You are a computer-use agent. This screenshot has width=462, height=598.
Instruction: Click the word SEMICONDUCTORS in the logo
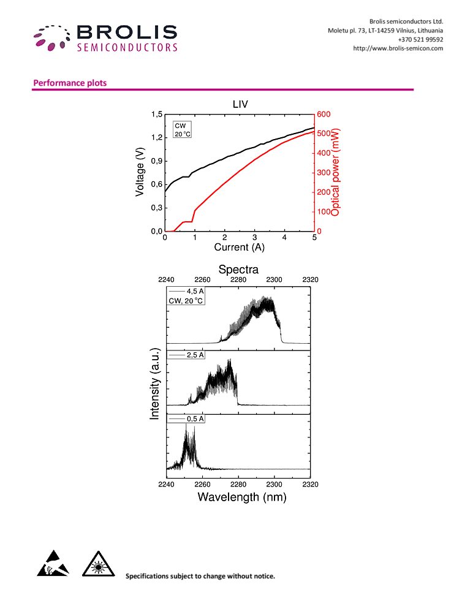click(x=127, y=47)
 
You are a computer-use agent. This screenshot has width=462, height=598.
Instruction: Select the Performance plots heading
click(x=70, y=83)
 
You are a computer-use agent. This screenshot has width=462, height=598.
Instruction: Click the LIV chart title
click(x=240, y=105)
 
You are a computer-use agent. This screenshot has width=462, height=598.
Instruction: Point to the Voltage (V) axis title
click(x=140, y=173)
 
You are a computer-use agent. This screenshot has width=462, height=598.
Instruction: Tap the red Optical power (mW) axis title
click(x=335, y=173)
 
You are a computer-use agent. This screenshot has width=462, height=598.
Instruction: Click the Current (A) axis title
click(x=240, y=247)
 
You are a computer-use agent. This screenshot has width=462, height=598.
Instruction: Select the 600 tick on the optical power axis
click(x=323, y=114)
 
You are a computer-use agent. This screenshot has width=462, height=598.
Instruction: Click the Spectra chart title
click(x=238, y=270)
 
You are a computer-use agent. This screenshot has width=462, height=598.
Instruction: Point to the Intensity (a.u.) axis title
click(x=154, y=380)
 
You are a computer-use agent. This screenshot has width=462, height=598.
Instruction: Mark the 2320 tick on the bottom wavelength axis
click(x=310, y=483)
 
